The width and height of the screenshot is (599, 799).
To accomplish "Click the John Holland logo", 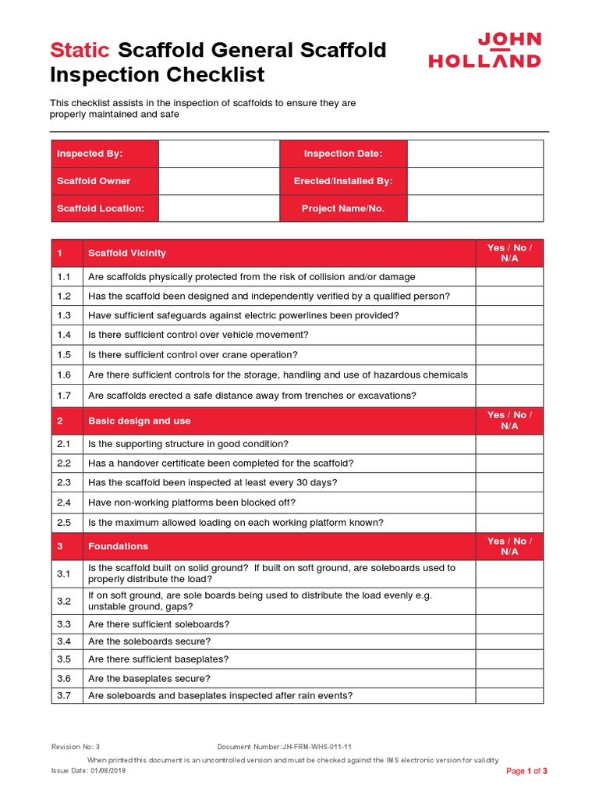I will click(484, 50).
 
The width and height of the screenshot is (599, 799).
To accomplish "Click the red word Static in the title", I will click(80, 51).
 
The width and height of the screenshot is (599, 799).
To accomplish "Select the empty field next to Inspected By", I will click(218, 154).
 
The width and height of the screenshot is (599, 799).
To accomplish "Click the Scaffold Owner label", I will click(94, 181).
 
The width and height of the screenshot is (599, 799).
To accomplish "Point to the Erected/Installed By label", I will click(343, 181).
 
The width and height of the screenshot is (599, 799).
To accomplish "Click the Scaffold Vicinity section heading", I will click(127, 253).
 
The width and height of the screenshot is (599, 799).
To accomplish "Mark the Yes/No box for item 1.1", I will click(509, 277).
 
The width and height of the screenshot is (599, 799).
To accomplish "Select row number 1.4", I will click(64, 335).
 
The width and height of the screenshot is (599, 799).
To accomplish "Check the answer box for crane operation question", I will click(509, 354).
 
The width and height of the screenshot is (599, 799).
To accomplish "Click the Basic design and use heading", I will click(140, 421).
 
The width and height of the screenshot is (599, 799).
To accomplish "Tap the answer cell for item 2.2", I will click(509, 463).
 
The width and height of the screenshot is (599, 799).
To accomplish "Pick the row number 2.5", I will click(64, 523).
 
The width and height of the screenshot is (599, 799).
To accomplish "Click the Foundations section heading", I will click(119, 546).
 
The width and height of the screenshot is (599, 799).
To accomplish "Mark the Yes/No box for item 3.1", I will click(509, 574).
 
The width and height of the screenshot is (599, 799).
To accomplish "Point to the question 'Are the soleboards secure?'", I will click(150, 641).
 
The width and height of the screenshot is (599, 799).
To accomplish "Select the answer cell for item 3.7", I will click(509, 695).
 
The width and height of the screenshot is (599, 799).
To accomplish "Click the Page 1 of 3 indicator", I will click(527, 771).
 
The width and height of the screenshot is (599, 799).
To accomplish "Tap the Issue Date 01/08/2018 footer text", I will click(88, 770).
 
